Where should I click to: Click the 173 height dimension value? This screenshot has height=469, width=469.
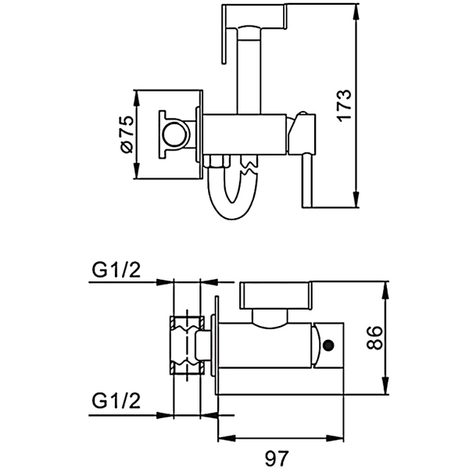345,105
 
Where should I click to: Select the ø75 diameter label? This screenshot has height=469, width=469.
127,134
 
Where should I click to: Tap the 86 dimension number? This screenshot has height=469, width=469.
374,338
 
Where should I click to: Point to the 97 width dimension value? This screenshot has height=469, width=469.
277,458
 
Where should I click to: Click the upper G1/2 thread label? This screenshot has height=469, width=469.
116,270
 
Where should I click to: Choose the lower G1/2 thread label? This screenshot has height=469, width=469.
116,401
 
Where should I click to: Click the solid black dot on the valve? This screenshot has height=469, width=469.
328,345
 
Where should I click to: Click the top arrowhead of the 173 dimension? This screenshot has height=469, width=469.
356,12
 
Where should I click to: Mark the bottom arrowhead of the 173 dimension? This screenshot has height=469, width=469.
356,199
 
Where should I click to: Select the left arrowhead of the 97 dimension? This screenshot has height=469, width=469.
227,439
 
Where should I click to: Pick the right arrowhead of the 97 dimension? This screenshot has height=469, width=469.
335,439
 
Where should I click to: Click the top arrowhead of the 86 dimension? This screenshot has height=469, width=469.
386,290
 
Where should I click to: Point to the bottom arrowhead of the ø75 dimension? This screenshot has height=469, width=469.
136,170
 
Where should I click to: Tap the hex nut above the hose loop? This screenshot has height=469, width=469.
219,161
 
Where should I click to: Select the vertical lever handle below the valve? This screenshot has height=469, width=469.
307,181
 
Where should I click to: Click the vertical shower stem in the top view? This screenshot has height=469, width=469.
249,71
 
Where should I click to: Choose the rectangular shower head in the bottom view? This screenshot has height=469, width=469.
275,295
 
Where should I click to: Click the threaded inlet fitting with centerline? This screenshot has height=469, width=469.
188,345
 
